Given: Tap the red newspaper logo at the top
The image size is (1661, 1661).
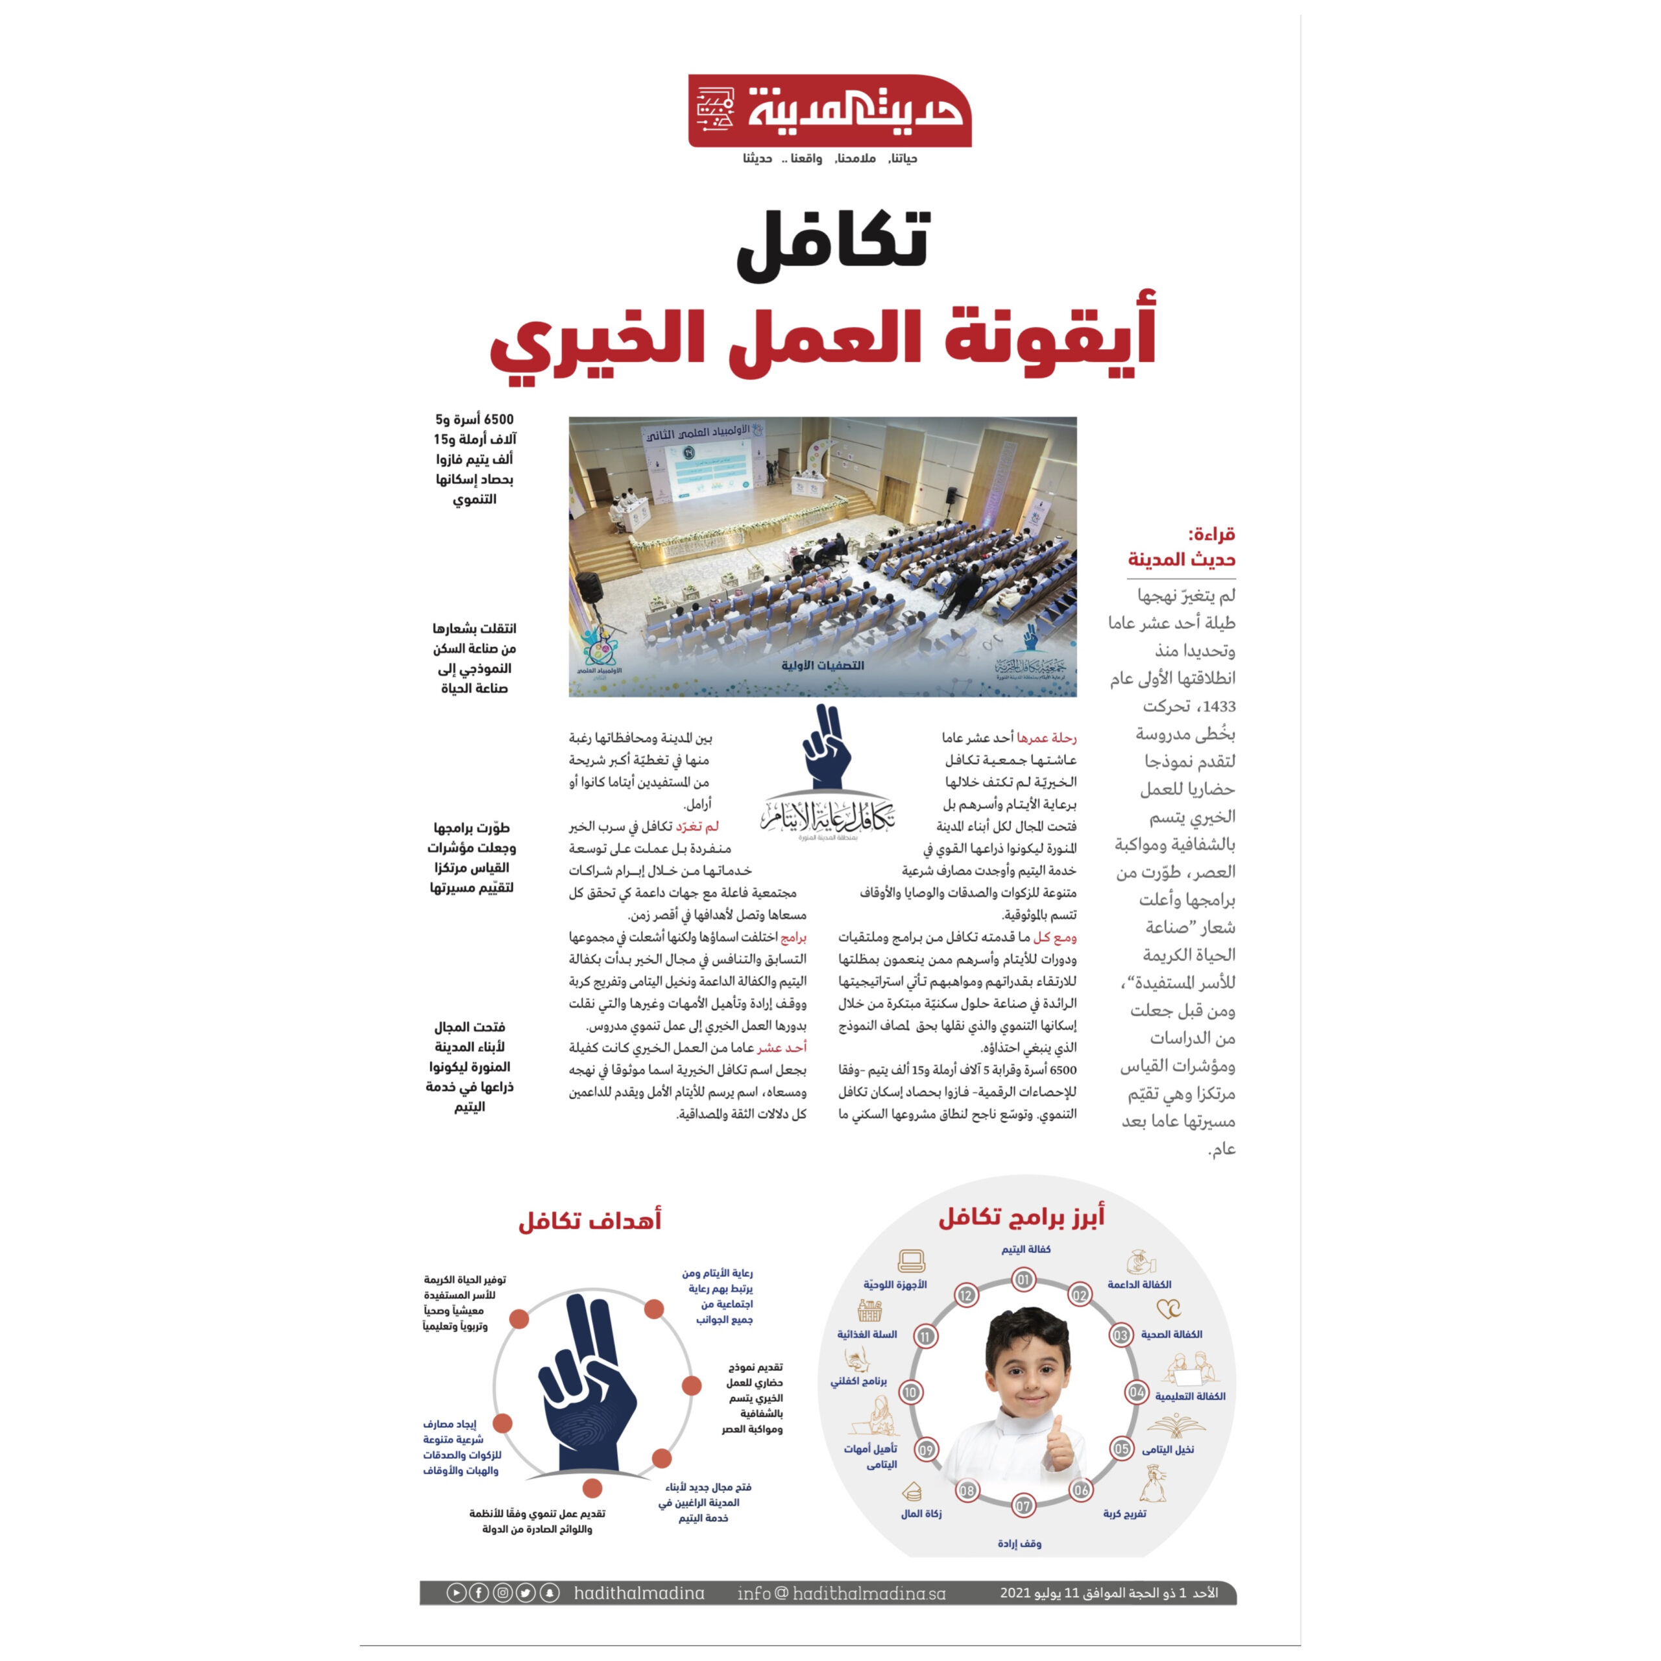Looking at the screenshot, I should [x=830, y=111].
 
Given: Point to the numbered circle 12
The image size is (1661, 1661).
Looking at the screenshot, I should [x=966, y=1296].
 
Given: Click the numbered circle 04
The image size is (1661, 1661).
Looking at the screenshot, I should [x=1137, y=1392].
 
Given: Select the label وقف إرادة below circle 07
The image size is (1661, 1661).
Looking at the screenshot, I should [x=1020, y=1543].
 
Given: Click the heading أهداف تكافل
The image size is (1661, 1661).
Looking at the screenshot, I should [x=590, y=1221].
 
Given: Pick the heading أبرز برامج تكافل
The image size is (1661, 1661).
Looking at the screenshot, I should [x=1021, y=1217].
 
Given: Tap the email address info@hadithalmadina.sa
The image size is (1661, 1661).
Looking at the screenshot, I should [x=841, y=1593].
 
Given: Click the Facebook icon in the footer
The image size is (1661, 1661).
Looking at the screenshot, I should [x=479, y=1593].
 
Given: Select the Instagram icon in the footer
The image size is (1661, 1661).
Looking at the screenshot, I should [x=503, y=1593].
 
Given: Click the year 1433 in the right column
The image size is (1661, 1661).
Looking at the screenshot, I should [x=1218, y=707].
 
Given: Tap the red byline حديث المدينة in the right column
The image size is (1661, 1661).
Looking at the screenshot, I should [x=1182, y=560].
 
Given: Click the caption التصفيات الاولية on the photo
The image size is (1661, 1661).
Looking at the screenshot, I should [x=823, y=666].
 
